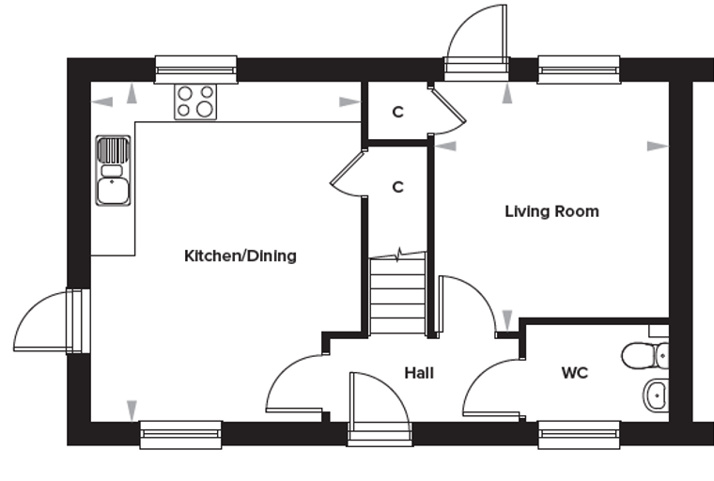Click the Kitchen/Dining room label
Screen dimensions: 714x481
click(x=241, y=256)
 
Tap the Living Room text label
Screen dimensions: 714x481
click(x=551, y=211)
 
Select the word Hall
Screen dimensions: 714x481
click(x=419, y=373)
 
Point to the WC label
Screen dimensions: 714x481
click(x=575, y=373)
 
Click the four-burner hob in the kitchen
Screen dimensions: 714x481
click(x=195, y=101)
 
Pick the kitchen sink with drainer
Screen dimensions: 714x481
click(x=113, y=170)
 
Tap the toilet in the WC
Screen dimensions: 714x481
click(x=645, y=356)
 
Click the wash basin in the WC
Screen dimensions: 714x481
click(x=656, y=396)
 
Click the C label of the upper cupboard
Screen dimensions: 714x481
click(x=398, y=112)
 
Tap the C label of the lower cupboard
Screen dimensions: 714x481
click(x=398, y=187)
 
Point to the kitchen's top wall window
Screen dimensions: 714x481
click(x=196, y=70)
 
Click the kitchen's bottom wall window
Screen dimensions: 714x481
click(x=180, y=435)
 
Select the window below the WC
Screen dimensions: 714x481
click(x=580, y=435)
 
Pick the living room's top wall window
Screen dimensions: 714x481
click(x=579, y=70)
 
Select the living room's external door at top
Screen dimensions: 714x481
click(x=476, y=43)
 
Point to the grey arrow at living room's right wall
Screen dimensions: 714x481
click(x=658, y=147)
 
